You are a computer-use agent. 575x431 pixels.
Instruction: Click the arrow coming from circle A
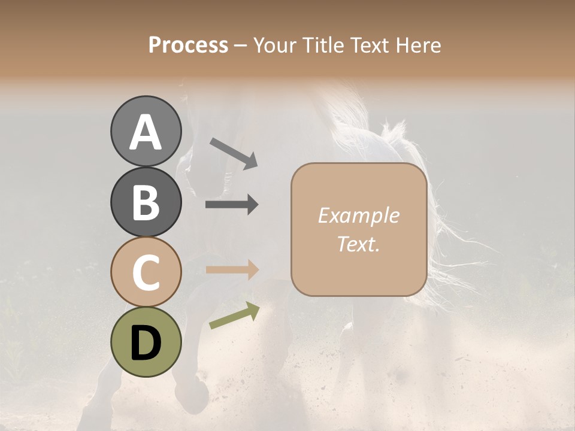(234, 153)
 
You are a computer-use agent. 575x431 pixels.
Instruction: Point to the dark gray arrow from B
(232, 205)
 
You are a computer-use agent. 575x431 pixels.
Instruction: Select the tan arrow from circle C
(232, 270)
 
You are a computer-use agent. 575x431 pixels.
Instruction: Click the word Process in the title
(188, 45)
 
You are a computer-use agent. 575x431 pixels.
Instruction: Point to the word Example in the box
(358, 215)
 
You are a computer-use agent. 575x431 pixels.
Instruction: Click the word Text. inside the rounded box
(358, 244)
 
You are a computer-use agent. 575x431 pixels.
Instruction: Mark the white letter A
(146, 132)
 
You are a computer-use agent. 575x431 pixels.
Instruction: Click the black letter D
(146, 342)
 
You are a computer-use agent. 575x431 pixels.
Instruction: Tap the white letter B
(146, 202)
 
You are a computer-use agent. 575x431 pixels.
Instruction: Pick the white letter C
(146, 272)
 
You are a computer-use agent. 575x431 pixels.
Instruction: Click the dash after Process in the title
(241, 45)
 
